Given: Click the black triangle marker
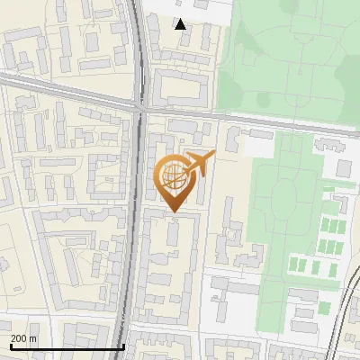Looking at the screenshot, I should [x=181, y=24].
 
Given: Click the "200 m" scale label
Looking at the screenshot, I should [x=23, y=338].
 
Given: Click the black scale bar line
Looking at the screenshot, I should [x=67, y=346].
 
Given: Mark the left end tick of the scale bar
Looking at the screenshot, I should [x=10, y=345].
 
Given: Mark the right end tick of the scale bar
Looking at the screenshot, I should [x=123, y=345].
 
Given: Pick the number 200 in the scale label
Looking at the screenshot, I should [x=18, y=338].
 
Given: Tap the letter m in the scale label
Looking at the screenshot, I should [x=33, y=338].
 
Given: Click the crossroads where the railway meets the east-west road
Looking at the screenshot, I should [x=139, y=106].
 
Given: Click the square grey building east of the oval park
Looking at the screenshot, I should [x=344, y=168].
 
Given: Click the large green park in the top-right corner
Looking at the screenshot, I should [x=288, y=54].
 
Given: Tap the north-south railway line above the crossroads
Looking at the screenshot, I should [x=138, y=45].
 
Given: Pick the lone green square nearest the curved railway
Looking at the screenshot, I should [x=324, y=308].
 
